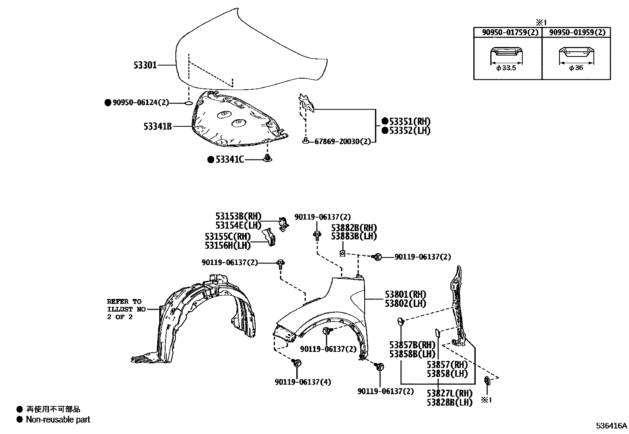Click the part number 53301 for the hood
[145, 65]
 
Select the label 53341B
[158, 127]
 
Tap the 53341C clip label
[230, 160]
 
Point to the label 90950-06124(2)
[141, 103]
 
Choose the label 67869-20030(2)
[343, 141]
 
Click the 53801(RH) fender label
[405, 294]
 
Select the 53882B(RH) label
[354, 228]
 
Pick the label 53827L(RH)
[450, 393]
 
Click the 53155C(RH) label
[228, 237]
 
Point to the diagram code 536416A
[612, 426]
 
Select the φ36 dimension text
[576, 68]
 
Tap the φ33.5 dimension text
[506, 68]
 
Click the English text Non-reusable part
[58, 420]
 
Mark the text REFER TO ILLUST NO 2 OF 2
[124, 309]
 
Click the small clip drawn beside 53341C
[268, 159]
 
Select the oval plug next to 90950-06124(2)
[189, 103]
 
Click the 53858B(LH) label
[412, 354]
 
